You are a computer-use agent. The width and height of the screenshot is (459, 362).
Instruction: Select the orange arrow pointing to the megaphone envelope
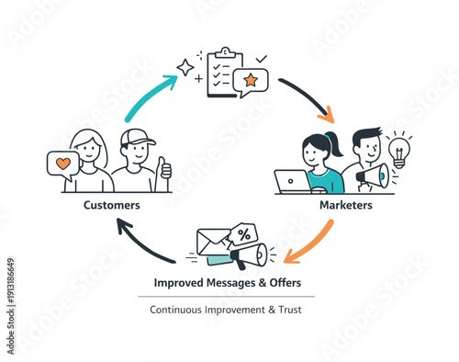307,241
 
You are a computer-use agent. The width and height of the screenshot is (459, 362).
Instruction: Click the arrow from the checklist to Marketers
308,99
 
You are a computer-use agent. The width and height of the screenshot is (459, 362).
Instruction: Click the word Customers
112,205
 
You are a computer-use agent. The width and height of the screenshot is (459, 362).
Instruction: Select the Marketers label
345,205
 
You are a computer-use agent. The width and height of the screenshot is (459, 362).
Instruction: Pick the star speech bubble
249,84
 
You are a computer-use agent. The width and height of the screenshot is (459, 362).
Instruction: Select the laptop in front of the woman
293,182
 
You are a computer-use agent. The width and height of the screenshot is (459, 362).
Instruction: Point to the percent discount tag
243,236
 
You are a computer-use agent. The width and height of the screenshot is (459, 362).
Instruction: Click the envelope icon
217,243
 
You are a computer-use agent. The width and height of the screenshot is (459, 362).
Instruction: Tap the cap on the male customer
138,138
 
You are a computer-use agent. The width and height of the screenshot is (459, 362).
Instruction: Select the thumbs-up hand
164,169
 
